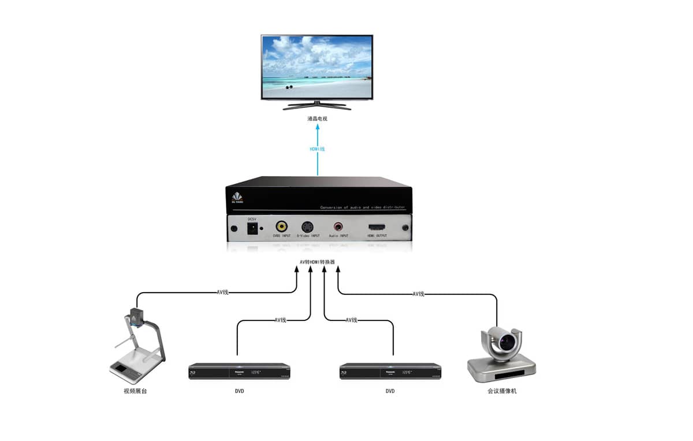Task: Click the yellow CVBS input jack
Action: [281, 226]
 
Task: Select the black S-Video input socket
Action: [308, 226]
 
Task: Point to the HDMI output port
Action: [378, 227]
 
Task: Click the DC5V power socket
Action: [252, 229]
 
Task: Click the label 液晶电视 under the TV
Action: [317, 119]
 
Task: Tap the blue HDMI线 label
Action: [318, 149]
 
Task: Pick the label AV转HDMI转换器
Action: [317, 262]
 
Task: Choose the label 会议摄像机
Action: [501, 391]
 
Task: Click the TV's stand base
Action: [317, 106]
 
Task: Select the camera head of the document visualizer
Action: [136, 316]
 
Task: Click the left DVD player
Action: [239, 371]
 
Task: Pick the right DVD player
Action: [390, 371]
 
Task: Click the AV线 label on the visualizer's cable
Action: [223, 292]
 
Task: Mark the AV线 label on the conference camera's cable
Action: [419, 294]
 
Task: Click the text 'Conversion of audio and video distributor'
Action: [363, 207]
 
